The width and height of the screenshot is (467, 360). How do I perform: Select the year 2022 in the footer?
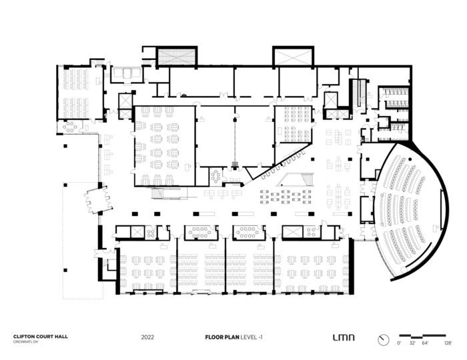click(148, 337)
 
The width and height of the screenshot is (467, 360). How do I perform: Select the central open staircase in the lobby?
click(294, 178)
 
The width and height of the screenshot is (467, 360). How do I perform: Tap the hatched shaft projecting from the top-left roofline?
click(177, 56)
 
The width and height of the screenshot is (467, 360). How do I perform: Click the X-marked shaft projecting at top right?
click(293, 56)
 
